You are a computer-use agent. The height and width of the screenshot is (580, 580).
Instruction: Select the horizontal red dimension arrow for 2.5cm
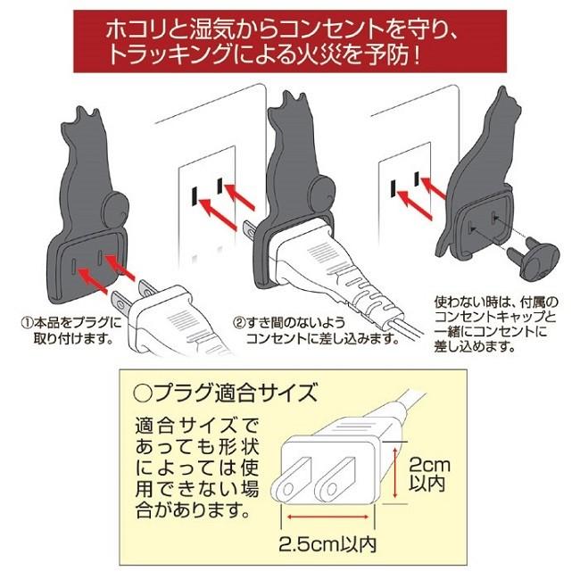click(328, 516)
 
